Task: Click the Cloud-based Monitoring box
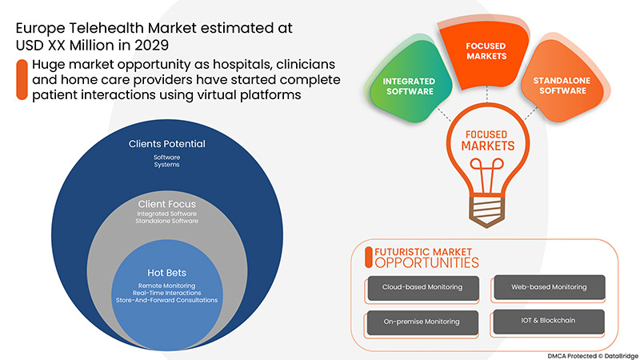pos(421,286)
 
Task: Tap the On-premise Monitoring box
pos(421,321)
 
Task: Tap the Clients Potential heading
pos(167,144)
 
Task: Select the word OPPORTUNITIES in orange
pos(427,262)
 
